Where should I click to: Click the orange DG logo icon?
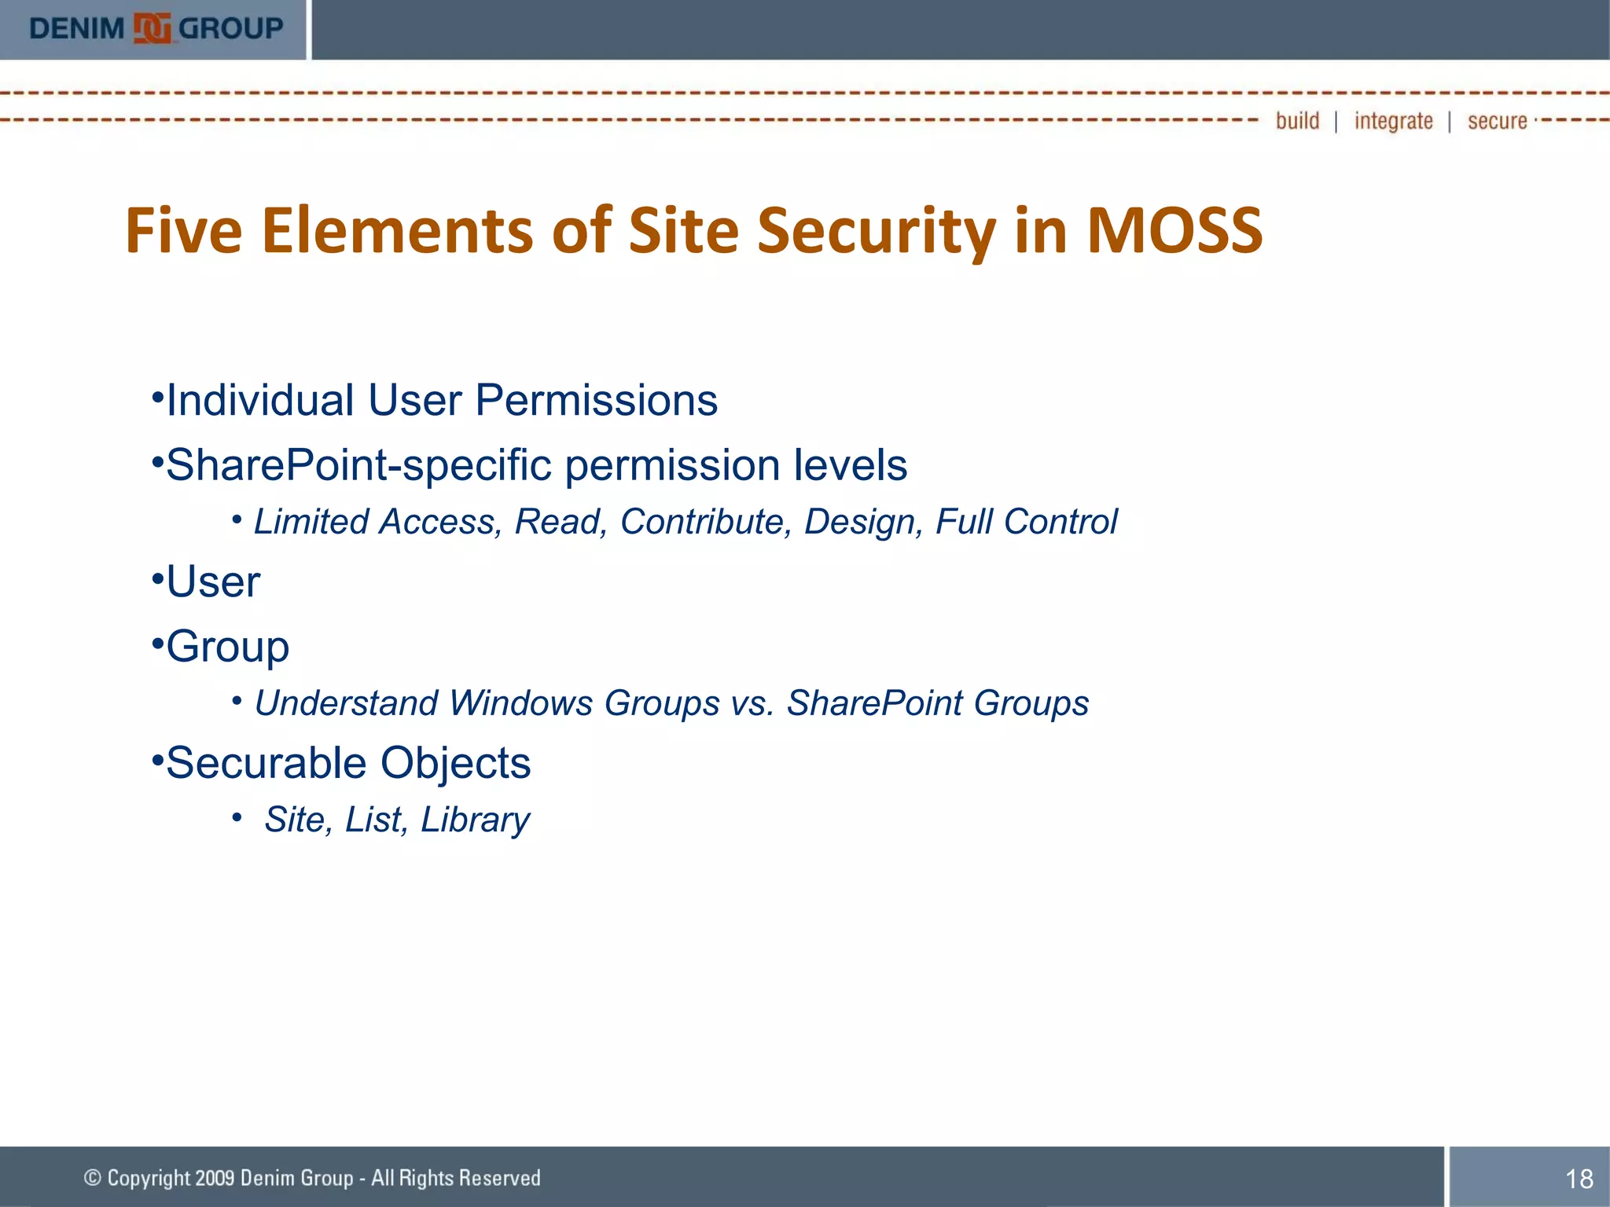(152, 29)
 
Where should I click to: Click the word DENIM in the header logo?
(76, 29)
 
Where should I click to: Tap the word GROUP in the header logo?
(230, 29)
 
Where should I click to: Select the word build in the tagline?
(1297, 121)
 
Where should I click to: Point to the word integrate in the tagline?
(1393, 121)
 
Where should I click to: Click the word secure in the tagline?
(1497, 121)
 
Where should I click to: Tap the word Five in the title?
(183, 230)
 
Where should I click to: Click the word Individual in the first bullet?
(259, 400)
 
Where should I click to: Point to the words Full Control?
(1026, 522)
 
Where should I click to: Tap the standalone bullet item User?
(213, 582)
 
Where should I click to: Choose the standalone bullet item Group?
(227, 647)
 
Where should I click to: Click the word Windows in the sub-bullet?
(520, 703)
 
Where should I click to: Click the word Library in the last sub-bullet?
(475, 820)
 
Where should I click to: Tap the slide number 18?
(1579, 1179)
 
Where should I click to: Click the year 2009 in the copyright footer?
(215, 1178)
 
